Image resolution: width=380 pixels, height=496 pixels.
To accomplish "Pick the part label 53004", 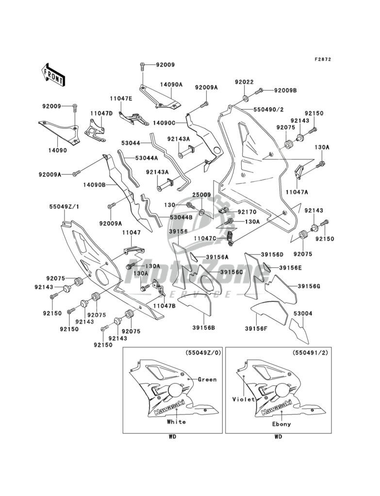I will pos(302,313).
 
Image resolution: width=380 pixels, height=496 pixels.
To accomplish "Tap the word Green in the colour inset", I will pos(207,379).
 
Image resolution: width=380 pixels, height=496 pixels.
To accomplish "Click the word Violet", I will pos(243,400).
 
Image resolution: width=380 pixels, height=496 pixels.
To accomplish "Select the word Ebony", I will pos(281,424).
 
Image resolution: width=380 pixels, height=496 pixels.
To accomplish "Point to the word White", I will pos(176,421).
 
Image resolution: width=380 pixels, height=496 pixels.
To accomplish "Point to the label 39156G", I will pos(309,287).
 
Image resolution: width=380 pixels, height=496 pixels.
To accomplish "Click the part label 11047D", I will pos(101,113).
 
